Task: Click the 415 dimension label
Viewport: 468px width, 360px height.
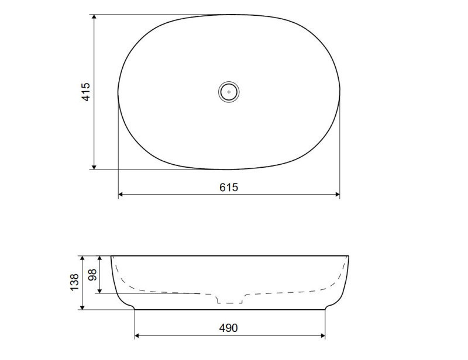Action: (x=85, y=92)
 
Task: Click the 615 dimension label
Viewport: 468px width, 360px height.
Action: (x=229, y=188)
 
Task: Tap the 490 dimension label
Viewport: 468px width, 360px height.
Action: (x=228, y=328)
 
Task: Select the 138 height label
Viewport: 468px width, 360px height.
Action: (x=74, y=282)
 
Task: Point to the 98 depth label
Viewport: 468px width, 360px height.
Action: (x=92, y=275)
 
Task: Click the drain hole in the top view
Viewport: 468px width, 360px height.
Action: (x=229, y=92)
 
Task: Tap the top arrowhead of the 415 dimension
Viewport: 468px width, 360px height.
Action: (x=94, y=17)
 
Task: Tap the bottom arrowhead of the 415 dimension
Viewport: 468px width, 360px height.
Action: (x=94, y=167)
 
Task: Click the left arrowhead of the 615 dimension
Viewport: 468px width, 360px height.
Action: (x=121, y=195)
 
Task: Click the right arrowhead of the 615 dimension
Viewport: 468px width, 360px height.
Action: (x=337, y=195)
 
